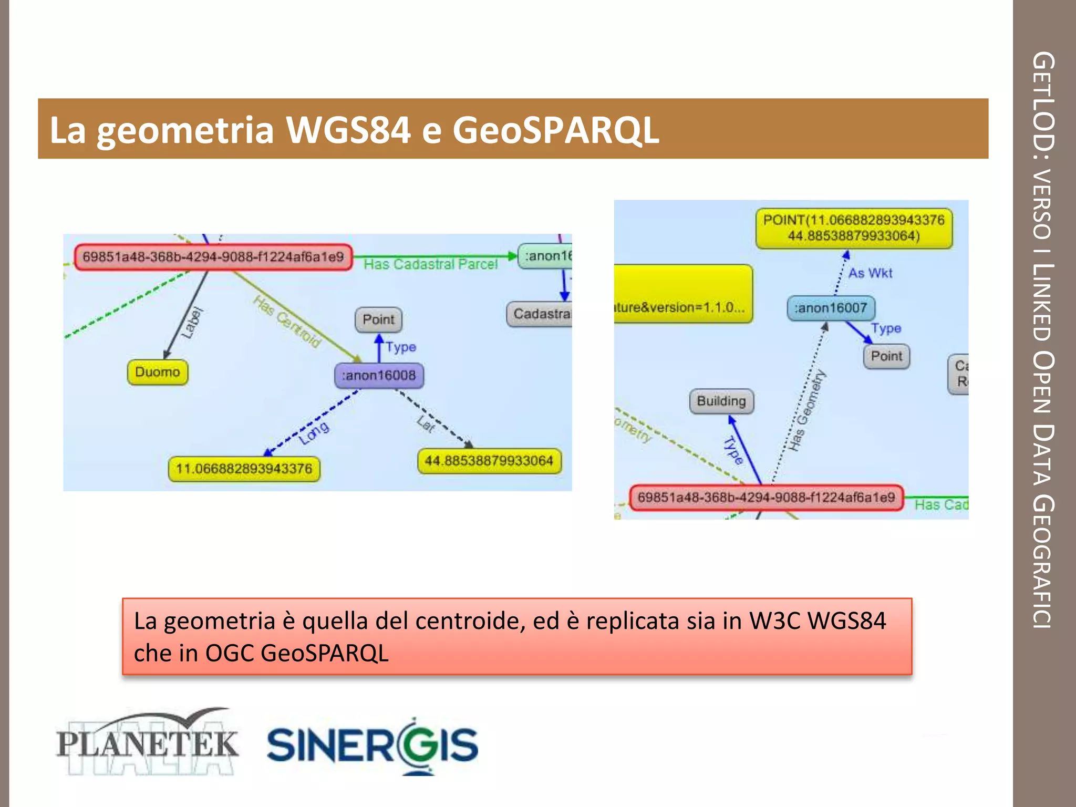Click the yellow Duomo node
click(158, 372)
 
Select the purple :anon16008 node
click(379, 375)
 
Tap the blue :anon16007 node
click(831, 308)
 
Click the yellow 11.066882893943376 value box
click(244, 469)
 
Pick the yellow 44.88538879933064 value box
click(489, 461)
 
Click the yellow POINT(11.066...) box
click(854, 228)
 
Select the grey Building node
click(721, 401)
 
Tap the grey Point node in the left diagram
click(378, 319)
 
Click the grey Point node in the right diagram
click(886, 356)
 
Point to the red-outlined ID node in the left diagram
click(213, 257)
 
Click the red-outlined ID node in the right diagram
click(766, 497)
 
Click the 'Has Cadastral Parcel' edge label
click(430, 264)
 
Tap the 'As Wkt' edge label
click(870, 273)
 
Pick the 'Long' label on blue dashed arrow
click(314, 432)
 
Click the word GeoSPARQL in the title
click(555, 130)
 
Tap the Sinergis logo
click(373, 745)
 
